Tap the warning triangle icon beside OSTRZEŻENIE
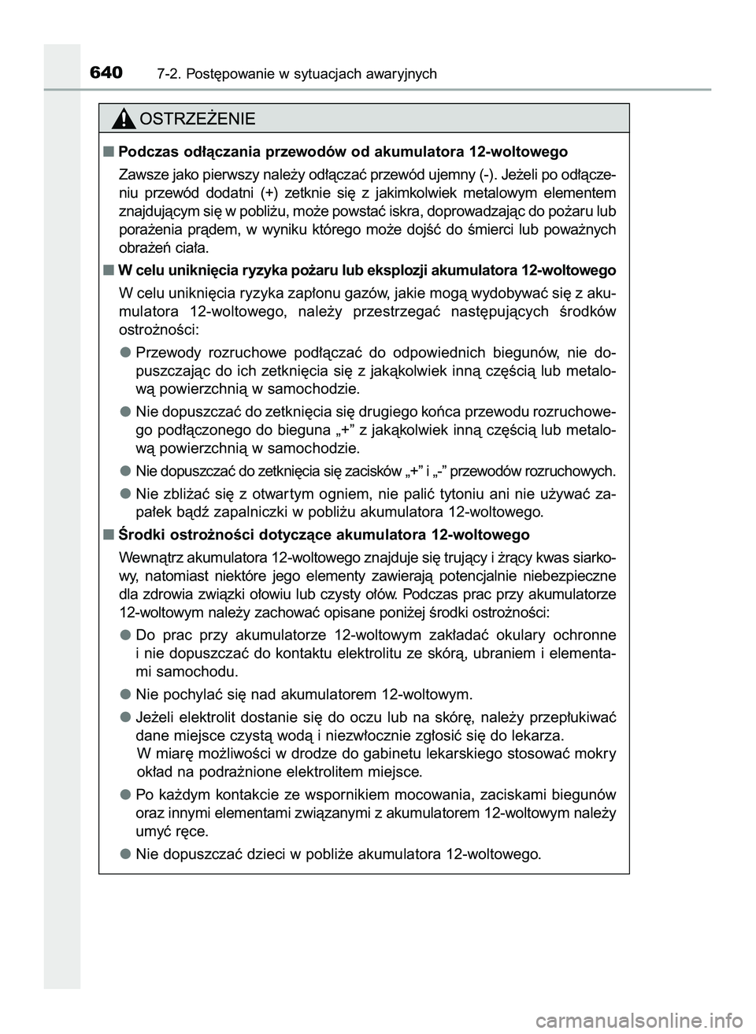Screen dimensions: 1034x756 tap(124, 119)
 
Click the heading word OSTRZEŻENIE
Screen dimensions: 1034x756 tap(196, 119)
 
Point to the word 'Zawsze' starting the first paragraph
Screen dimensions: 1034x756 tap(139, 173)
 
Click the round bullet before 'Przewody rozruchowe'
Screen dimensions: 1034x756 tap(125, 351)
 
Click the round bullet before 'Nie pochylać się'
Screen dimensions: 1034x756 tap(125, 695)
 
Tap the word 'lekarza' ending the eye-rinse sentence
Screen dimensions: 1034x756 tap(539, 736)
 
